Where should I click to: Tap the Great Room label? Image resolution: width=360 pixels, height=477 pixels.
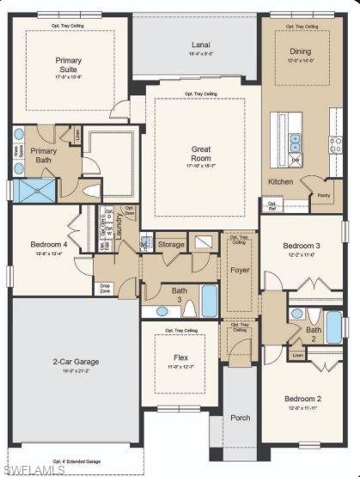click(x=200, y=154)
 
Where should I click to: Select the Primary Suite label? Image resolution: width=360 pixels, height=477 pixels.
click(x=70, y=65)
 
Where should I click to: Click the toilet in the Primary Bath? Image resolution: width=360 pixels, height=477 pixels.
click(x=92, y=189)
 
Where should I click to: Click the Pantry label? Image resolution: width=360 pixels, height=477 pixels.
click(x=324, y=195)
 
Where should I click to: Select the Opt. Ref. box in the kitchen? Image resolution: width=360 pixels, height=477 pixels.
click(x=272, y=207)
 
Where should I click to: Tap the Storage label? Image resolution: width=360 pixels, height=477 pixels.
click(x=171, y=245)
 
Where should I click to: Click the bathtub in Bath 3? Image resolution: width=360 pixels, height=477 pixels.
click(x=210, y=301)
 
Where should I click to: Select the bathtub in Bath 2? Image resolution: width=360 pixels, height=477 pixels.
click(x=333, y=326)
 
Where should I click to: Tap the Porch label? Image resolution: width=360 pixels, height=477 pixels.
click(x=240, y=418)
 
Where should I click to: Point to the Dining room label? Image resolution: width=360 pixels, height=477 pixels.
click(x=301, y=51)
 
